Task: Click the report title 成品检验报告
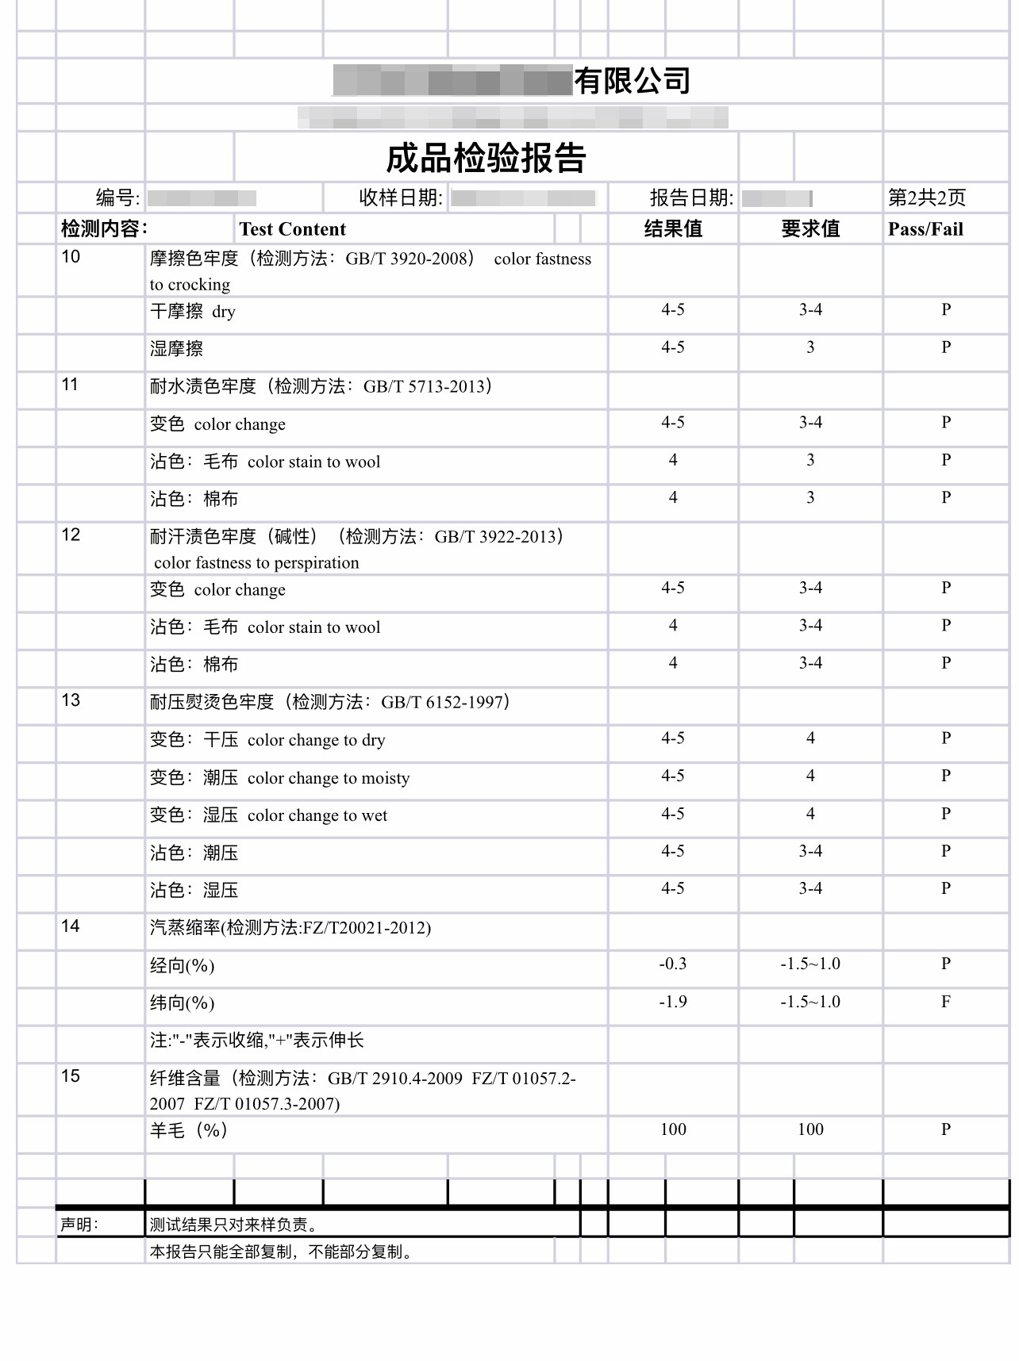486,158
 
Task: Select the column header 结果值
673,229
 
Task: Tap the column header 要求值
810,229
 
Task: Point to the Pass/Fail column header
925,229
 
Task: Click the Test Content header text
293,229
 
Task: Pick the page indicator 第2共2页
927,197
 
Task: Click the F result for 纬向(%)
946,1002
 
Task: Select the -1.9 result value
673,1002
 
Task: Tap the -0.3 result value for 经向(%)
673,964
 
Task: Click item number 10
71,257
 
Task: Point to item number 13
71,700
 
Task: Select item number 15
71,1076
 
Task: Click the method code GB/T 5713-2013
424,386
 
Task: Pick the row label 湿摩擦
177,348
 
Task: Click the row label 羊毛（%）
189,1130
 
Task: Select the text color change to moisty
329,778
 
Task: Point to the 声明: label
79,1225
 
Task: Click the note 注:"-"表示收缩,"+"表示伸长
257,1041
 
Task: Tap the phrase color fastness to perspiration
256,563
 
